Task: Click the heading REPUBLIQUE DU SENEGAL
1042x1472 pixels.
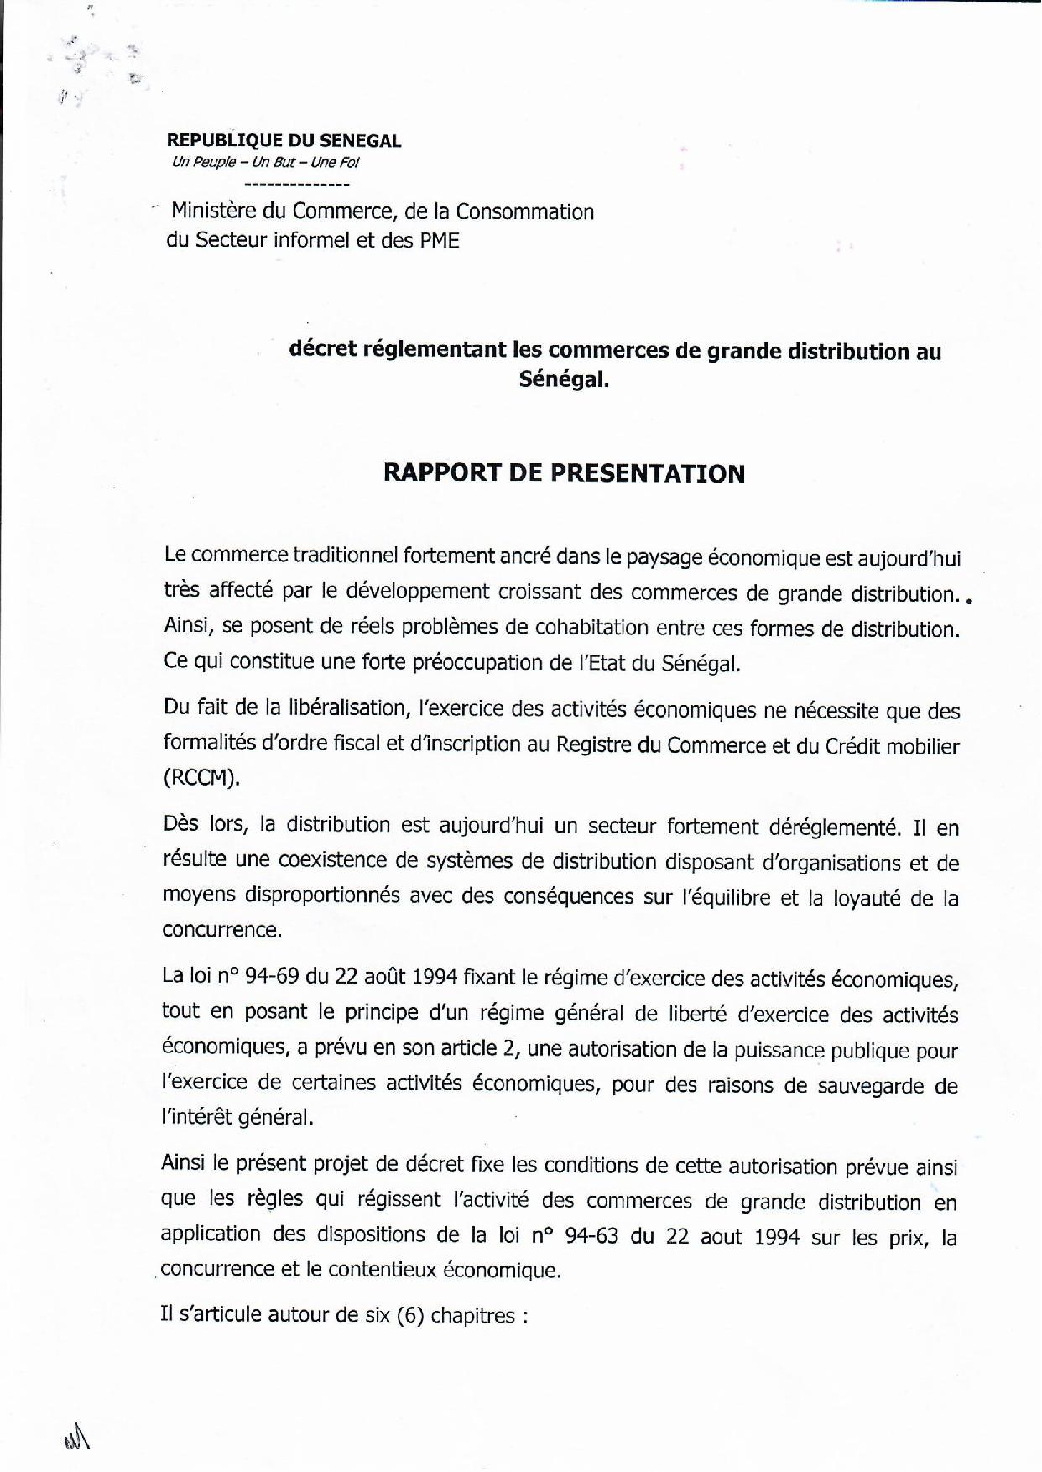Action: point(284,141)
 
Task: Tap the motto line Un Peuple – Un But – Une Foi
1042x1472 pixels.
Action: point(265,163)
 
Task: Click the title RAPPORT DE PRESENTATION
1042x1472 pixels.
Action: point(564,473)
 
